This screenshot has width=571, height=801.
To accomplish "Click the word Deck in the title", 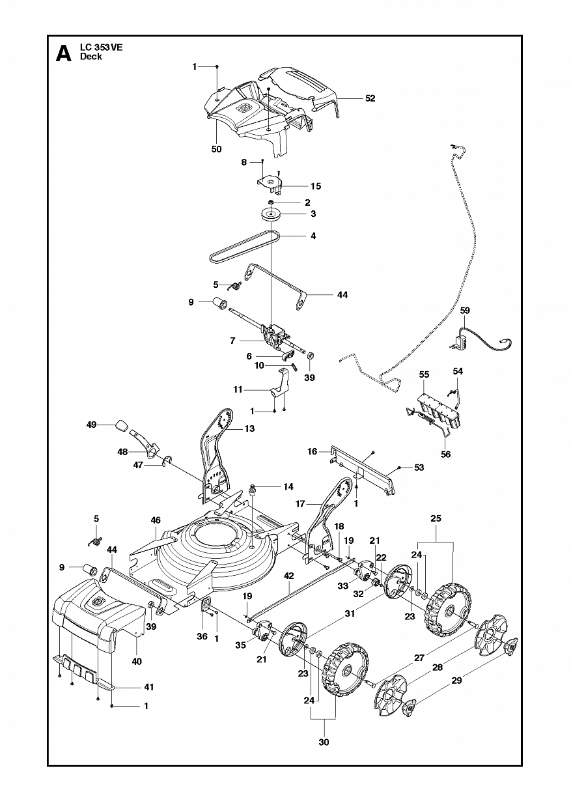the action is (x=91, y=57).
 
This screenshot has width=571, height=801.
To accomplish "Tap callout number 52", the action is (x=370, y=98).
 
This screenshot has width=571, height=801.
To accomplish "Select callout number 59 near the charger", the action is (x=465, y=310).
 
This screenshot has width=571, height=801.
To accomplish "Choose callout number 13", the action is (x=249, y=428).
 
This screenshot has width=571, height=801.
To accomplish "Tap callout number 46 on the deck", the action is (x=156, y=520).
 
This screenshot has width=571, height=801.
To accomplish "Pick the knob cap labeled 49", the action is (x=122, y=425).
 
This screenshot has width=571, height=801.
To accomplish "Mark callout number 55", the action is (x=424, y=374).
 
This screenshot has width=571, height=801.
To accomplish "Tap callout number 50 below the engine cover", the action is (x=217, y=149).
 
